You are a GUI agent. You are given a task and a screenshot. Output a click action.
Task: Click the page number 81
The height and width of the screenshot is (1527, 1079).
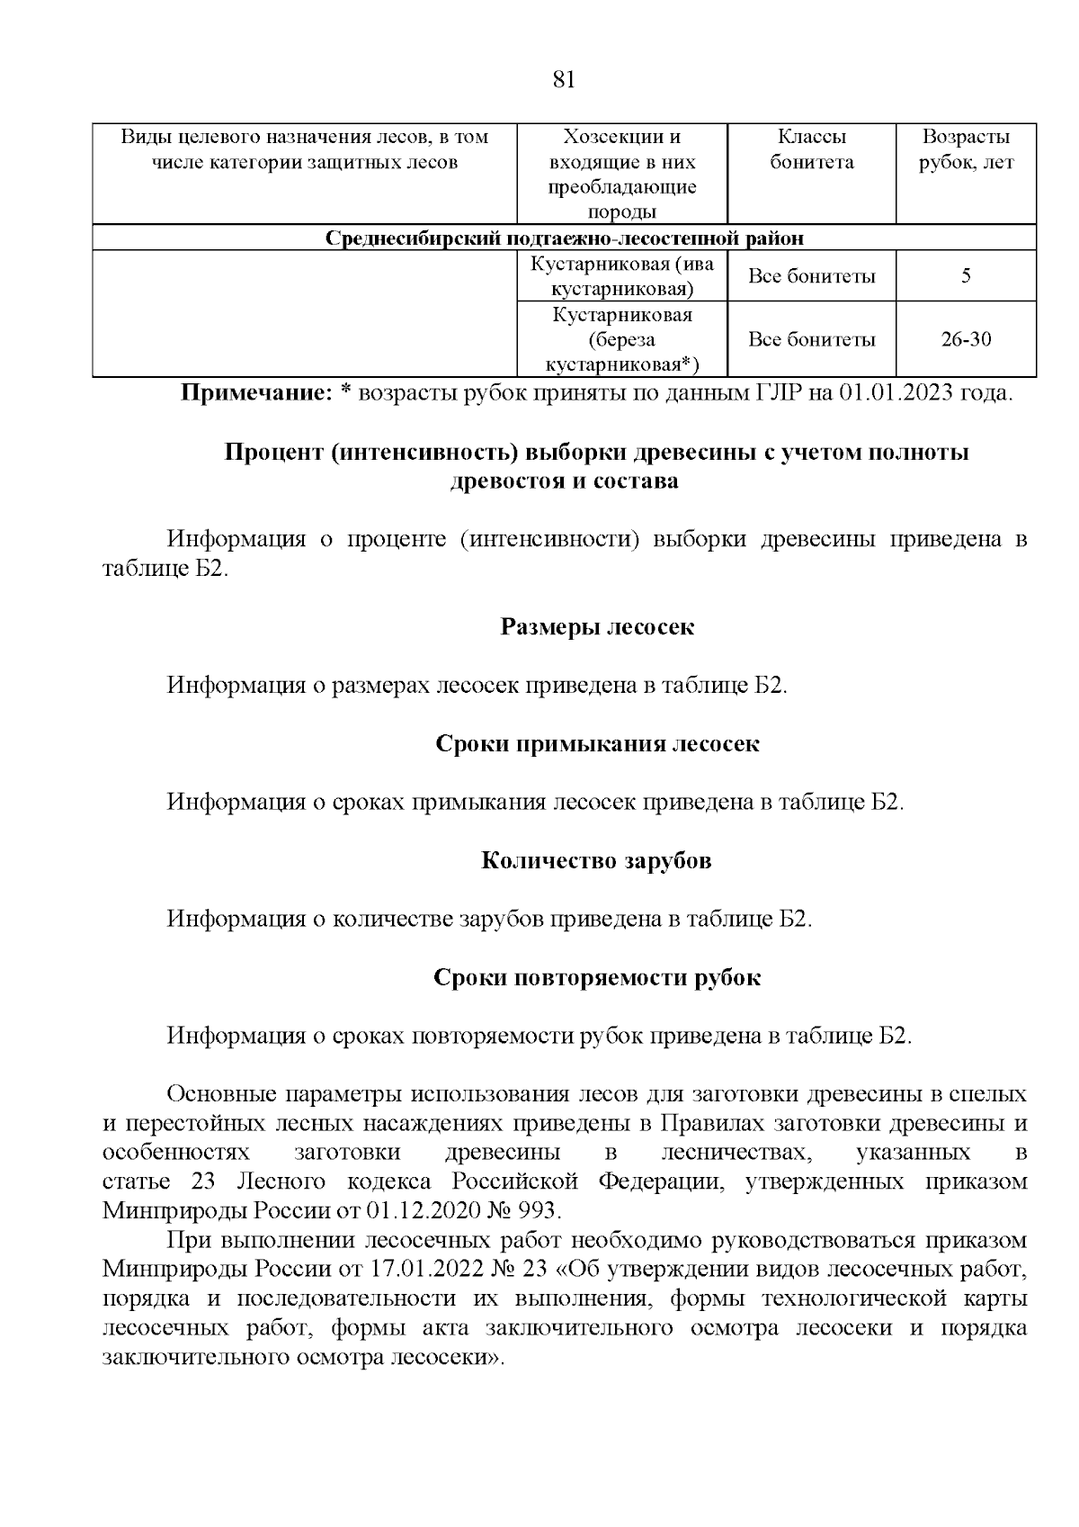563,79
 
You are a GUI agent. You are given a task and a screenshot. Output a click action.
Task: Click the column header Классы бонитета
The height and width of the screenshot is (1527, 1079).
811,149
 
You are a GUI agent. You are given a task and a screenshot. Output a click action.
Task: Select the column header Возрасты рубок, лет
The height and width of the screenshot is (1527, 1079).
966,149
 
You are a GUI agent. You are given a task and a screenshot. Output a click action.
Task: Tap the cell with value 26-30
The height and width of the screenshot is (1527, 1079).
966,339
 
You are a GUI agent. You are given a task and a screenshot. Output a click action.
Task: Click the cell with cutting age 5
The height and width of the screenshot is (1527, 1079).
966,276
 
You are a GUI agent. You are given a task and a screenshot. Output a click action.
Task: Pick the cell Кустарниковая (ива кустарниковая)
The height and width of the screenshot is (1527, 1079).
621,276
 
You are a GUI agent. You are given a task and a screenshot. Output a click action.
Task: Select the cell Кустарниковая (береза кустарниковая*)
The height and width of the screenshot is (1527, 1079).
621,339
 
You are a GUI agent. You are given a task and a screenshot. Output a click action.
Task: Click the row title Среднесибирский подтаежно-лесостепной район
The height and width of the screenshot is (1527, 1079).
564,238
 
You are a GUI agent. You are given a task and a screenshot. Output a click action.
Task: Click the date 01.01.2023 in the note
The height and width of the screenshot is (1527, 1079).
896,393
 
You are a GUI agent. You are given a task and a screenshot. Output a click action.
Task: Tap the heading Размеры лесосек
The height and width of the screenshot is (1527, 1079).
597,627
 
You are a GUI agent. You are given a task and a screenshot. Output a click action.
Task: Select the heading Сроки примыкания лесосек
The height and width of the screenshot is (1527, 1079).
597,744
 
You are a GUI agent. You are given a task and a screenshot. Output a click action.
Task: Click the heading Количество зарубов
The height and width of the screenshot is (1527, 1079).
597,861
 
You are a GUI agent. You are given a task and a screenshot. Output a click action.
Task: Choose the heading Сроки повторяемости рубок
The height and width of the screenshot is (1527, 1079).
597,978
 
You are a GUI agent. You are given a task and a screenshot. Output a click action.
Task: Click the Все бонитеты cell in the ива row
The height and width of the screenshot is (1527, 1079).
811,276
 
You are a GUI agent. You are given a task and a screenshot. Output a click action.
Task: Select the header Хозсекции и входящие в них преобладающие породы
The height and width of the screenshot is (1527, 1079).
621,175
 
